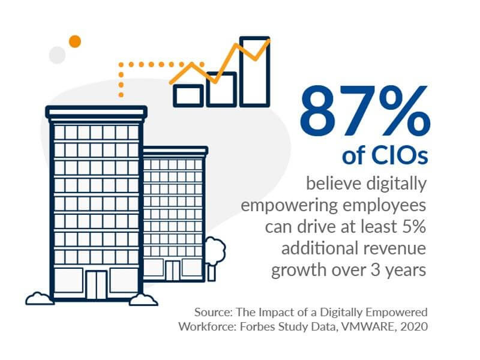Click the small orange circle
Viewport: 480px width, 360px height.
click(74, 41)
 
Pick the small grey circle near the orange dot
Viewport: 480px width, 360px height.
click(57, 55)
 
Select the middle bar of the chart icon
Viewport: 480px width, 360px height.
click(221, 90)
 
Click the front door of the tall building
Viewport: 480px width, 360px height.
click(96, 284)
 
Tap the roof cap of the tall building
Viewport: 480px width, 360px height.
click(97, 112)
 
